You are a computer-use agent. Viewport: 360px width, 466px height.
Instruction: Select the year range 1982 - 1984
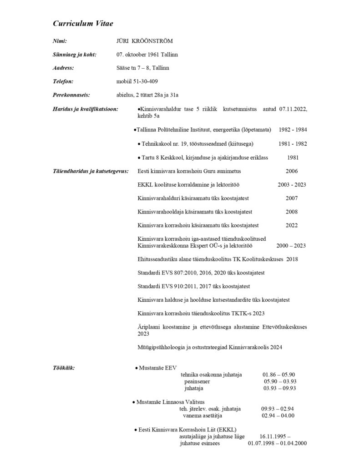point(293,130)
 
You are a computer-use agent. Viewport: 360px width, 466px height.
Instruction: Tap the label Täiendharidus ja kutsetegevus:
point(91,171)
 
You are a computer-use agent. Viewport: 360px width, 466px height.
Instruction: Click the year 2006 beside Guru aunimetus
point(292,171)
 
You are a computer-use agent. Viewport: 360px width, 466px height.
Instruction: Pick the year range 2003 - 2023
point(292,185)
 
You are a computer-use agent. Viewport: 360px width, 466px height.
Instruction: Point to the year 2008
point(292,212)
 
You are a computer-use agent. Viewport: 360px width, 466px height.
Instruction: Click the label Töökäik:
point(64,367)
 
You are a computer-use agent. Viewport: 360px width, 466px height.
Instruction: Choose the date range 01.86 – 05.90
point(279,375)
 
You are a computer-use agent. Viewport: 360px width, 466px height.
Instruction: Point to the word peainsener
point(197,381)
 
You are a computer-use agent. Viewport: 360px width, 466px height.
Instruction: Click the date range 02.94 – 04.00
point(278,415)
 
